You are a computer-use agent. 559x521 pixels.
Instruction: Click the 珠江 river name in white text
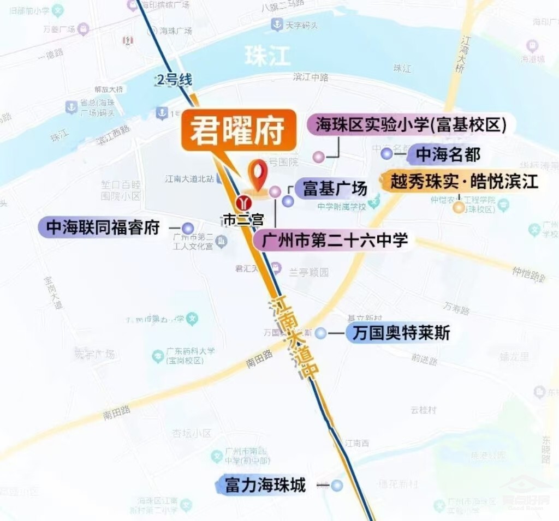[267, 56]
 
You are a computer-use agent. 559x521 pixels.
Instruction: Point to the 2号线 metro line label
[174, 80]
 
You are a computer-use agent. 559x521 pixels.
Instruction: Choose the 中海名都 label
[448, 154]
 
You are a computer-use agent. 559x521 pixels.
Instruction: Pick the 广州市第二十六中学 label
[335, 240]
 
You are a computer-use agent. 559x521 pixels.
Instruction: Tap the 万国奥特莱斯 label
[401, 333]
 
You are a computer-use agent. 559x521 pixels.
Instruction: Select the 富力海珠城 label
[265, 484]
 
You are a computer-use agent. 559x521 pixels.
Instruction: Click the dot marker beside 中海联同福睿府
[188, 228]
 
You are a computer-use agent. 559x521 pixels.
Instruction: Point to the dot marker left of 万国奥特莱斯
[321, 333]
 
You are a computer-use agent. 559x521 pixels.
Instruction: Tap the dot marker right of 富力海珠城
[337, 485]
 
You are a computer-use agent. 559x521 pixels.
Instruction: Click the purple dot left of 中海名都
[387, 154]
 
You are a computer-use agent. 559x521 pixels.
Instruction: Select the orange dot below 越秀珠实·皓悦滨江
[459, 207]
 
